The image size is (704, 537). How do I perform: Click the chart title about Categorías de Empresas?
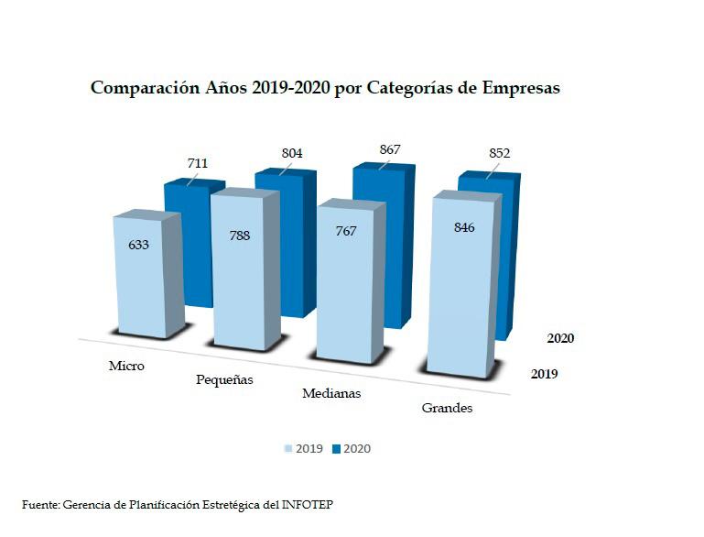pos(325,89)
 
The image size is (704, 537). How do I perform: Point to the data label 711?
pos(198,164)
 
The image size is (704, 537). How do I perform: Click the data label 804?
pos(292,153)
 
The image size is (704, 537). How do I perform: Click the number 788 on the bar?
pos(239,236)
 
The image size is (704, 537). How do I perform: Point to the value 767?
pos(345,232)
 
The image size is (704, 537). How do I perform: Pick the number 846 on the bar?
pos(463,227)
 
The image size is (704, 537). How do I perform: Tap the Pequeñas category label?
pos(224,379)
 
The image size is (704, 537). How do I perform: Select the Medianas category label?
pos(331,393)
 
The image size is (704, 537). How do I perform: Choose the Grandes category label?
pos(447,408)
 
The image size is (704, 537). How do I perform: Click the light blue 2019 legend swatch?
pos(287,449)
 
